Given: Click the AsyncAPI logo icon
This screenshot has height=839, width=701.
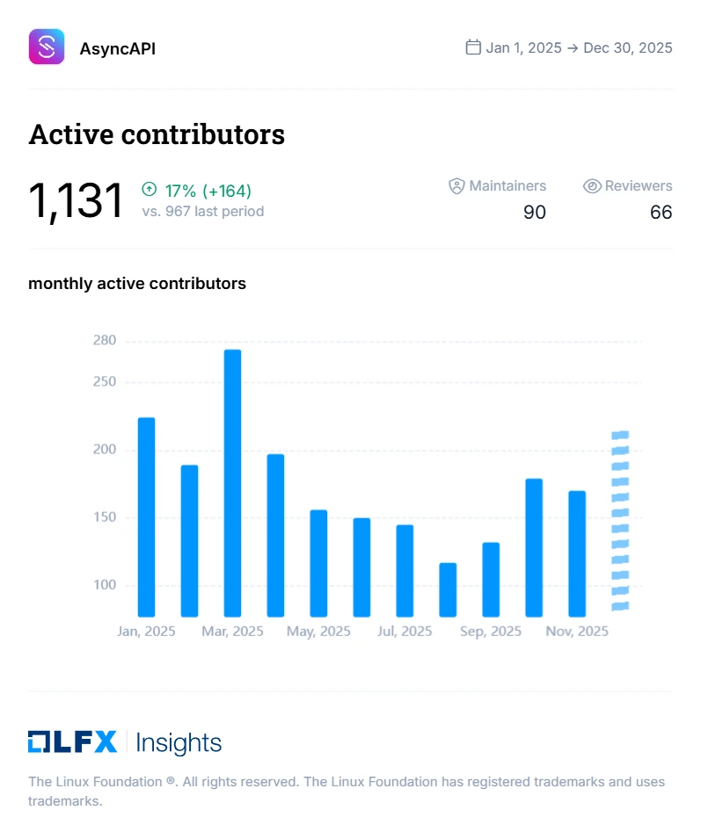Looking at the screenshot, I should click(47, 47).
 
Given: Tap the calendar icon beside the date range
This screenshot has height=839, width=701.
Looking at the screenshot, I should click(473, 47).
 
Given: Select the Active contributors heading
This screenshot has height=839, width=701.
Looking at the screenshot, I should click(157, 134).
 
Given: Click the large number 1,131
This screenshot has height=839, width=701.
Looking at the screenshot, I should click(76, 200).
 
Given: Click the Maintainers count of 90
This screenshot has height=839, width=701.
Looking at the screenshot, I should click(534, 212).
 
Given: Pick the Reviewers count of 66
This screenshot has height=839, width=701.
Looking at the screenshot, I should click(661, 212).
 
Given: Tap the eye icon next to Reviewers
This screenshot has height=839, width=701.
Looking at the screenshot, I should click(592, 186).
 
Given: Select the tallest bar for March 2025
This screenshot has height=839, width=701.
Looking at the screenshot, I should click(232, 482).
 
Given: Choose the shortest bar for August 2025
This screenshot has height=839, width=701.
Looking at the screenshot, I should click(448, 589).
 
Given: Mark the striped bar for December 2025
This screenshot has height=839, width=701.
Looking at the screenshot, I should click(620, 521).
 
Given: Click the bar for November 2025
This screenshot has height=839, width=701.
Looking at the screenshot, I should click(577, 553).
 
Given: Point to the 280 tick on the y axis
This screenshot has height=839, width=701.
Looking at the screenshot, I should click(105, 341).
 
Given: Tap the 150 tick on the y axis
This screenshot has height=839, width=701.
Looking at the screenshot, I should click(105, 517).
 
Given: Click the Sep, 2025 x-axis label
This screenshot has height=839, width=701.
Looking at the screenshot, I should click(491, 632).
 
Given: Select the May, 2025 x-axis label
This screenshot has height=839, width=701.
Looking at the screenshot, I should click(319, 632).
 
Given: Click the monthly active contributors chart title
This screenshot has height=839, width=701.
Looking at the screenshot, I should click(137, 284).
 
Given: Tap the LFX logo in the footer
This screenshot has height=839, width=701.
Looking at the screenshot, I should click(72, 742).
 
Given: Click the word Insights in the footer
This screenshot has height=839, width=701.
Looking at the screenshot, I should click(179, 743).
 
